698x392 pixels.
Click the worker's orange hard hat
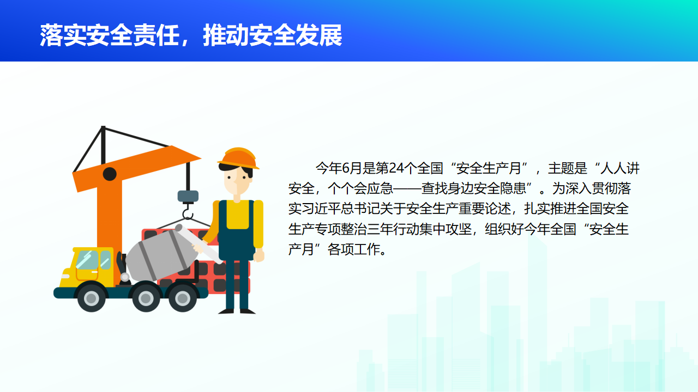click(238, 158)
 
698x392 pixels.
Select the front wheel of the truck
click(91, 298)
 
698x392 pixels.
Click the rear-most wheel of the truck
click(183, 298)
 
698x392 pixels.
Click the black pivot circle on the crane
click(110, 174)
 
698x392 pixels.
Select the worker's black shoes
click(237, 311)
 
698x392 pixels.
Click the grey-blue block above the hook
click(188, 197)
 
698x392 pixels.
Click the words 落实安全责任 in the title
click(110, 35)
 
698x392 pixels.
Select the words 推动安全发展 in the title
click(273, 35)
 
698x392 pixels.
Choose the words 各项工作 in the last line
click(354, 249)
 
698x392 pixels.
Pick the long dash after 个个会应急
click(407, 188)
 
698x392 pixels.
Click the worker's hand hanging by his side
click(258, 255)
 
